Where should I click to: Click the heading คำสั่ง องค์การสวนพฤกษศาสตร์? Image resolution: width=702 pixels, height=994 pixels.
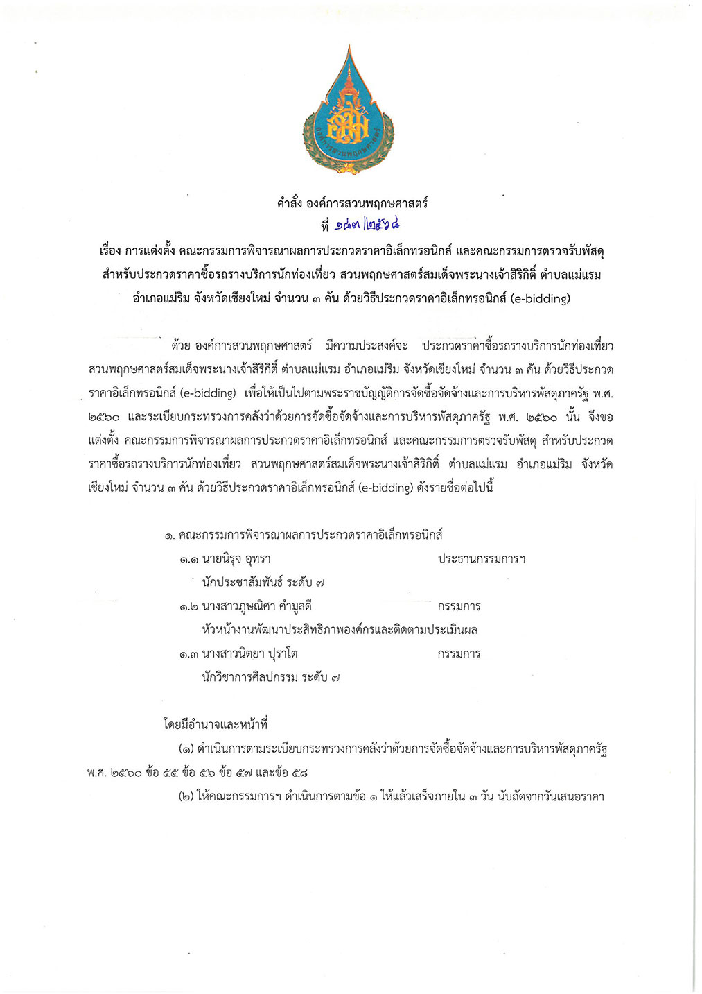coord(352,204)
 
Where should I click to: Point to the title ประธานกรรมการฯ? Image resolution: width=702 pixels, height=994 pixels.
coord(481,559)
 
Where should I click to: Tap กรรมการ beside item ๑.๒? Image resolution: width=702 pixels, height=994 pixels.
coord(459,606)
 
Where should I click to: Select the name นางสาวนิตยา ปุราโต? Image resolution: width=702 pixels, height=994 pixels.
coord(249,653)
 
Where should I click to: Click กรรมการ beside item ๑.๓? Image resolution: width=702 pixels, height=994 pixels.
coord(459,653)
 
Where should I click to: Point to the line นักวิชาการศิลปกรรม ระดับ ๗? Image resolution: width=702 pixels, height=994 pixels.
coord(270,677)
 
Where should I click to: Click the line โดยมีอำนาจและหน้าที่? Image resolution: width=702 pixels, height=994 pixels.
coord(215,725)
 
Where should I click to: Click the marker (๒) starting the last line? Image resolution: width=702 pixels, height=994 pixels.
coord(186,796)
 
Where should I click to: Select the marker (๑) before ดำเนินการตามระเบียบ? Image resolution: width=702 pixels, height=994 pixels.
coord(186,749)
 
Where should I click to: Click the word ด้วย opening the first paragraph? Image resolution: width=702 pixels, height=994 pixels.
coord(180,345)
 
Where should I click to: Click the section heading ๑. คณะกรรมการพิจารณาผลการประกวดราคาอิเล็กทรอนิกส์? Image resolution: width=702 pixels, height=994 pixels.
coord(304,535)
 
